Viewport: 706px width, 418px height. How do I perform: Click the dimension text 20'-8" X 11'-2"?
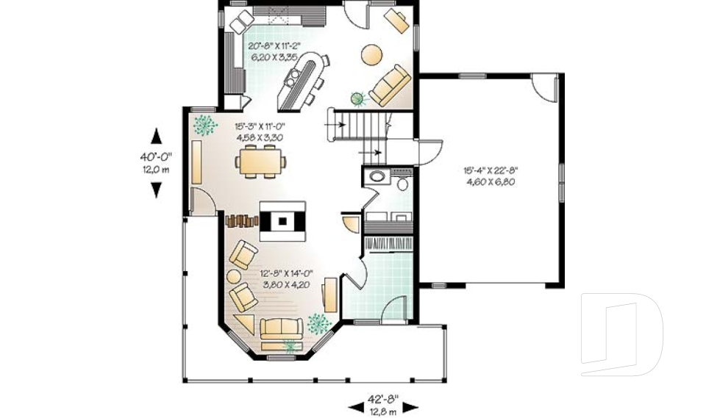274,46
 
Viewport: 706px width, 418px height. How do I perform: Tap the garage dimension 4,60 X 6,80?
491,182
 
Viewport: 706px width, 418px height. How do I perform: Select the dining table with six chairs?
262,161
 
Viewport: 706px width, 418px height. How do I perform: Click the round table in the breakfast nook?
372,55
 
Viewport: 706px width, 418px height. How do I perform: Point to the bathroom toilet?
402,183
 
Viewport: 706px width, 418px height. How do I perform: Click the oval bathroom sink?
377,176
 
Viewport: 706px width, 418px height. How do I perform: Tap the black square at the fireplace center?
282,221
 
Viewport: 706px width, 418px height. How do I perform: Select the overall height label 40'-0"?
156,157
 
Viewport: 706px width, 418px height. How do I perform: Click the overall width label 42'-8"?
383,399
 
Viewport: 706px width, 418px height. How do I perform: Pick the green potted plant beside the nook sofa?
358,98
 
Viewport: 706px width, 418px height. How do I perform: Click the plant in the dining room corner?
205,125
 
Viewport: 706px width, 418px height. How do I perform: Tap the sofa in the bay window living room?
282,329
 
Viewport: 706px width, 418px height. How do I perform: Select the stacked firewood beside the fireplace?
242,220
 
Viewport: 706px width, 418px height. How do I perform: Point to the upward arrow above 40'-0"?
156,137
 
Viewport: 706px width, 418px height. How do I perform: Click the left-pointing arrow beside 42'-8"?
356,408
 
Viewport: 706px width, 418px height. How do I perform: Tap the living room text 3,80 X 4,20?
286,284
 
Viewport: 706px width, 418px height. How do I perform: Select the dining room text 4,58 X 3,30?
260,137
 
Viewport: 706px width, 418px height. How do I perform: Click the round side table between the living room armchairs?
233,275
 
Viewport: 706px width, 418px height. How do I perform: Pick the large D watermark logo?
622,334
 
